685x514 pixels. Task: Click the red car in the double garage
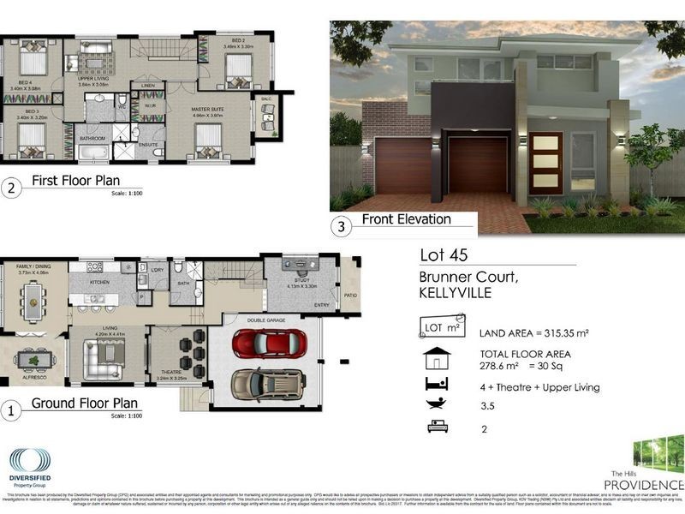coord(267,343)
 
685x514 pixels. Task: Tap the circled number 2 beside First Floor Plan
coord(11,188)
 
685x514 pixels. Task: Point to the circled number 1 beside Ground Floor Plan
coord(11,411)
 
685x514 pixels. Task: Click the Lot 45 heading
coord(444,255)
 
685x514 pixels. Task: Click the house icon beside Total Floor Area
coord(436,356)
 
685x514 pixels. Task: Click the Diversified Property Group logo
coord(30,467)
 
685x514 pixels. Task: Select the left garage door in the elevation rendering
coord(403,165)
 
